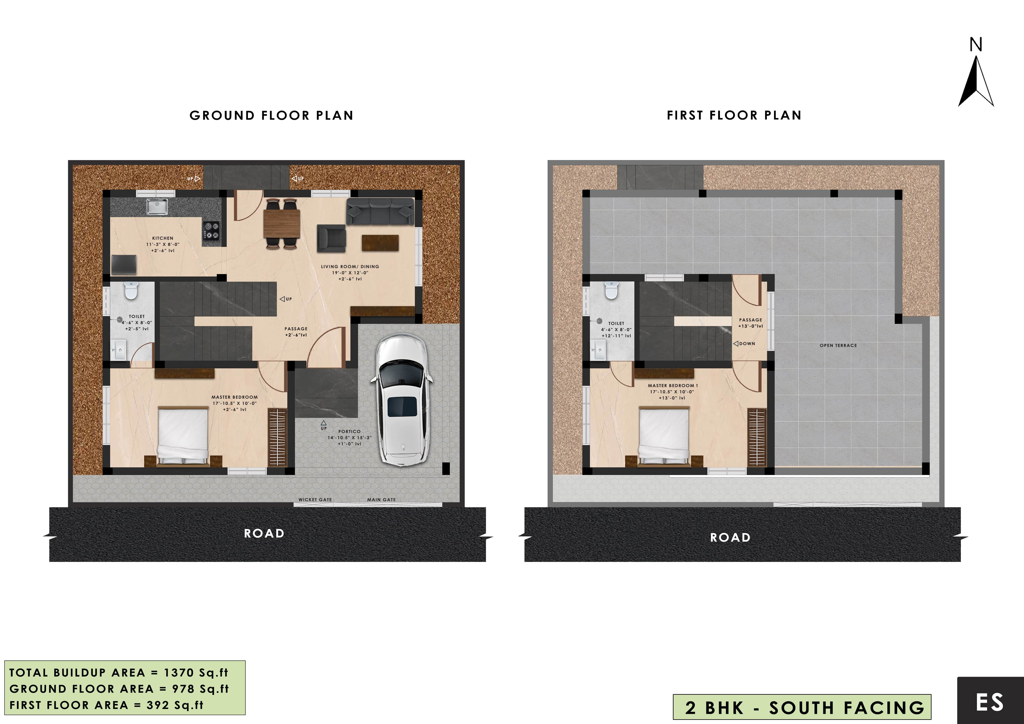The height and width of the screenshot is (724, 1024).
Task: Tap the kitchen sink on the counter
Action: [157, 207]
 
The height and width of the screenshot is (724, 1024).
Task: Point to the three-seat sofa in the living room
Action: [380, 211]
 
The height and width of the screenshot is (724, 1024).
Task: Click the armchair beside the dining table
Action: [331, 239]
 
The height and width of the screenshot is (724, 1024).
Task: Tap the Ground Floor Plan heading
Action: [271, 115]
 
